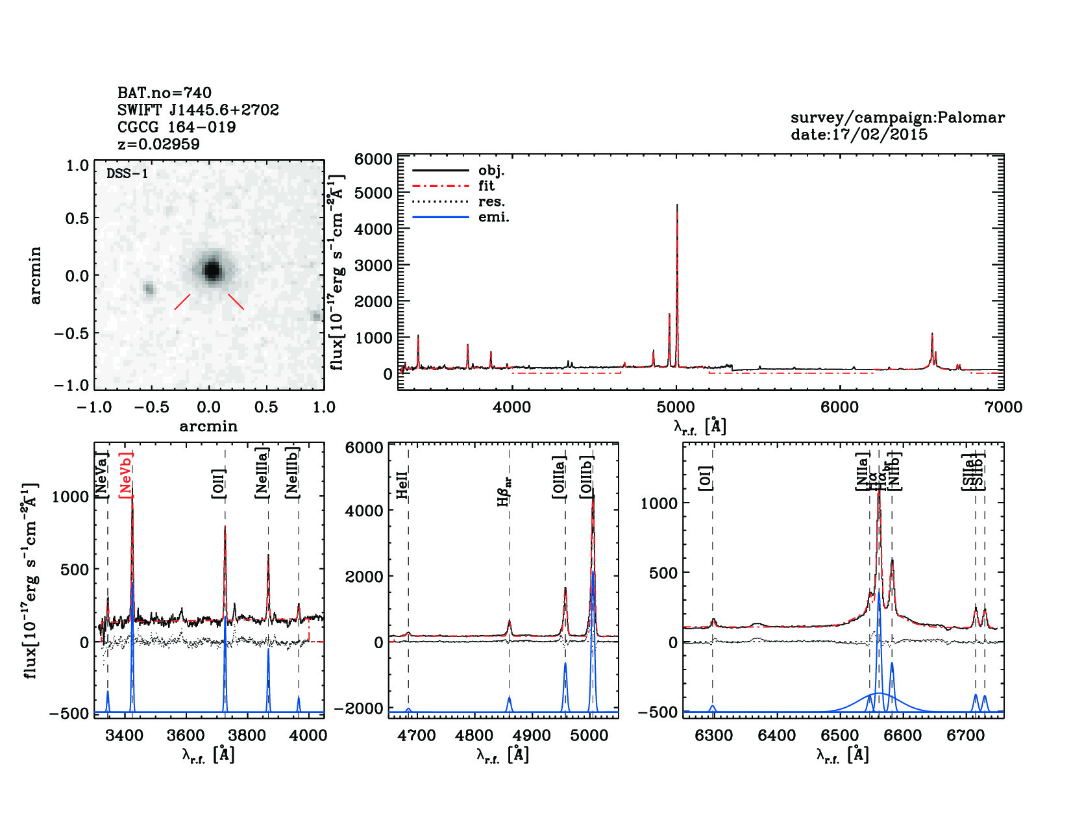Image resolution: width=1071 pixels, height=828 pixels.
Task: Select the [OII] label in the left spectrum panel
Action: tap(219, 483)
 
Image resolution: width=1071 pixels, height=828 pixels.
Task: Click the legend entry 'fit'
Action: tap(486, 186)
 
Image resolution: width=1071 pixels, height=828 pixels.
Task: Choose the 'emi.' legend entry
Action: tap(493, 217)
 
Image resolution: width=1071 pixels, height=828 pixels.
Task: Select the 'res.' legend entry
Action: tap(491, 201)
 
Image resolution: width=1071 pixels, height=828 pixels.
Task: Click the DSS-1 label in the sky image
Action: tap(127, 173)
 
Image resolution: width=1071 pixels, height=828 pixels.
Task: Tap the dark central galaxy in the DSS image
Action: tap(212, 270)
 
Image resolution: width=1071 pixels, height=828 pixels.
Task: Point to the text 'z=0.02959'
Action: tap(158, 144)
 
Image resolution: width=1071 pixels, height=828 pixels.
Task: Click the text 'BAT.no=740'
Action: tap(164, 93)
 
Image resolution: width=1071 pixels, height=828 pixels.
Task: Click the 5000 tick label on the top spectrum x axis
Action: tap(676, 407)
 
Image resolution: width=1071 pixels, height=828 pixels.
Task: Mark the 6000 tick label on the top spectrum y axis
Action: tap(373, 160)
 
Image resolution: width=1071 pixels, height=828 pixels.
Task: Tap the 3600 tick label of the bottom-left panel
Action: tap(186, 735)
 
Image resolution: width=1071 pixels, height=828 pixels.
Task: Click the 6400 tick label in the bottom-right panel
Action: tap(777, 735)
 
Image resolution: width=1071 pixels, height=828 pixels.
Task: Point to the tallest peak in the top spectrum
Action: tap(677, 207)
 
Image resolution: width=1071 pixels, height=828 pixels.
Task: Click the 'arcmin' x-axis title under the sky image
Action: tap(208, 426)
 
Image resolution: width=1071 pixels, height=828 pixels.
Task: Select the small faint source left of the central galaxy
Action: tap(149, 289)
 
